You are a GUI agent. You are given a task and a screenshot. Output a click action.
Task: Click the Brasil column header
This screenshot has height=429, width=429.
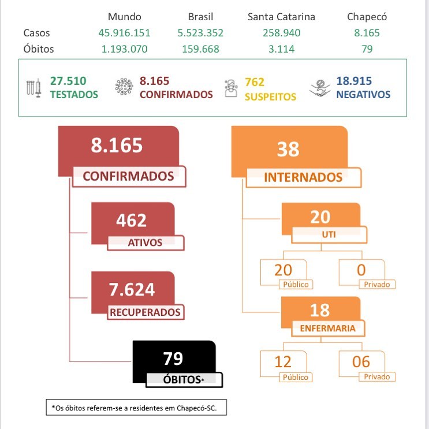200,17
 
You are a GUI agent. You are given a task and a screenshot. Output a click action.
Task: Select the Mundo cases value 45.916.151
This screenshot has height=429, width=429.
124,33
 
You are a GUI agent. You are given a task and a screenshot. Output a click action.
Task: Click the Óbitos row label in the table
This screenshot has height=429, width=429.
39,49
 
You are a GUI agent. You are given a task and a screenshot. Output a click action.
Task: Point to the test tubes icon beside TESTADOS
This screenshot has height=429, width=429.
34,88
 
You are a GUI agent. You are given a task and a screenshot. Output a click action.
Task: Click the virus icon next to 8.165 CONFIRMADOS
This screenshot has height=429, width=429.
124,87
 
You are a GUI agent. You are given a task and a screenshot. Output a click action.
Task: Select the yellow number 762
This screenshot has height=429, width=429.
254,83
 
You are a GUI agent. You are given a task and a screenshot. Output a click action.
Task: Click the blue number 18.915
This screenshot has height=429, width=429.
354,81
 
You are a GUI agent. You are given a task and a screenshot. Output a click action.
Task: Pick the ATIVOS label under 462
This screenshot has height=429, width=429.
145,243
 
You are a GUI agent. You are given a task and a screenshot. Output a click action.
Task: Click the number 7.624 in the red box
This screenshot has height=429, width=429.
132,289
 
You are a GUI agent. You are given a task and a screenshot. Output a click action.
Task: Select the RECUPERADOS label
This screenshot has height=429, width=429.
145,312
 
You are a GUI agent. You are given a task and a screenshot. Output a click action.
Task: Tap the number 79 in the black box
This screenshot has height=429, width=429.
173,359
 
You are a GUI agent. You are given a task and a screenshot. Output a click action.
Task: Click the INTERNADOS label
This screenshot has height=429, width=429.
303,177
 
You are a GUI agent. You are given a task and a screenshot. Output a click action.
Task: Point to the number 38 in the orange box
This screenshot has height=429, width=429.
288,150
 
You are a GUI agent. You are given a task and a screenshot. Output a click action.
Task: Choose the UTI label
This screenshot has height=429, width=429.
329,235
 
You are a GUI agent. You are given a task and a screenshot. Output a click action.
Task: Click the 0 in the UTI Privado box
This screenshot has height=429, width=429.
362,270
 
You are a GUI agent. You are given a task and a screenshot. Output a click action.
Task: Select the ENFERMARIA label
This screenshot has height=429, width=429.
328,329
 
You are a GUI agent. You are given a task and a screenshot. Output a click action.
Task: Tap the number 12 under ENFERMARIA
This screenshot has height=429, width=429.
283,362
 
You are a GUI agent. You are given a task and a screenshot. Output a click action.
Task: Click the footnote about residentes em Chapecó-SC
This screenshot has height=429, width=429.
136,408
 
